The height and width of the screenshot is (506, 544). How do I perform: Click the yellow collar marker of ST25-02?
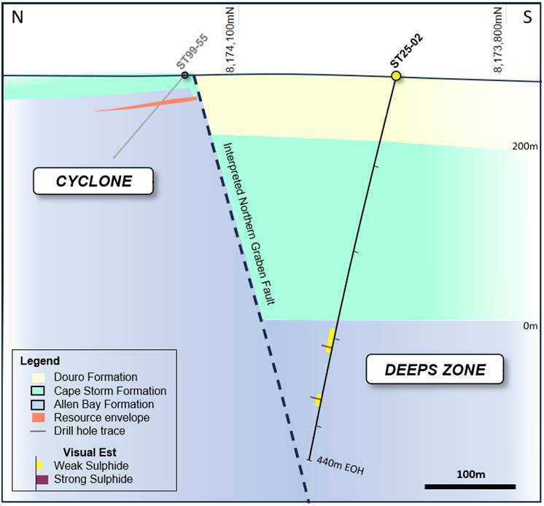(396, 76)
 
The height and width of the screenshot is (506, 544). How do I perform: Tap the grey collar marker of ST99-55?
(185, 75)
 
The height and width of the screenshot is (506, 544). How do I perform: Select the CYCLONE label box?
(94, 182)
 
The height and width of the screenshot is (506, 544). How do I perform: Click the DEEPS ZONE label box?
(435, 370)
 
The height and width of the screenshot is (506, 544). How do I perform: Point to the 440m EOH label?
(338, 465)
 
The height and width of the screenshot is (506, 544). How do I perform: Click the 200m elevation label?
(524, 146)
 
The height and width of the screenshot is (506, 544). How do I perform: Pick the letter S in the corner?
(527, 18)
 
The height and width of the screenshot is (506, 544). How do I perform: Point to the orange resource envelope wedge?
(157, 104)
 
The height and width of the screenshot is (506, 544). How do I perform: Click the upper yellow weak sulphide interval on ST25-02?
(330, 340)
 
